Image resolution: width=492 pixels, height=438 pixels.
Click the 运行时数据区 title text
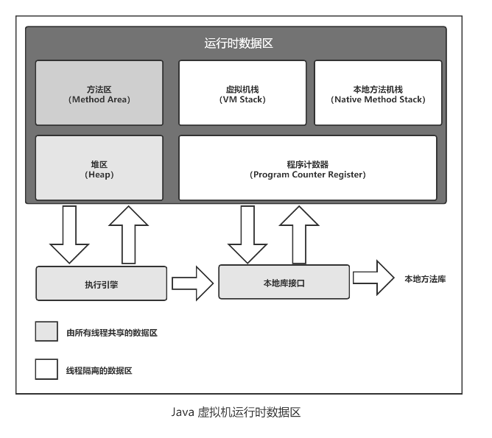pyautogui.click(x=239, y=43)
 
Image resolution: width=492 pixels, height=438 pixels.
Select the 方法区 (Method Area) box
pyautogui.click(x=99, y=93)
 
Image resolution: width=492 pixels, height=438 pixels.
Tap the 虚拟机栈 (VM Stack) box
pyautogui.click(x=242, y=93)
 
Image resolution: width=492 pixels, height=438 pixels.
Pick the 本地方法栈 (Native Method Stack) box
pyautogui.click(x=378, y=93)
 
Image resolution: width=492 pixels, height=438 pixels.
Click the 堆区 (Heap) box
pyautogui.click(x=99, y=168)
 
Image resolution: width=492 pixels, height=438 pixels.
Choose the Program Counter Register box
pyautogui.click(x=307, y=168)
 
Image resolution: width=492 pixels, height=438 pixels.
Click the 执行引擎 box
pyautogui.click(x=101, y=283)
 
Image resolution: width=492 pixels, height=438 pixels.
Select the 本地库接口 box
pyautogui.click(x=284, y=282)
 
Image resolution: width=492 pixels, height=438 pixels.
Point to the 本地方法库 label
pyautogui.click(x=425, y=279)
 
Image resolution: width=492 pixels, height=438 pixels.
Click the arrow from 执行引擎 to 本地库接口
pyautogui.click(x=192, y=283)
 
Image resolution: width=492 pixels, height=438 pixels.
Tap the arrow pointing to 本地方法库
pyautogui.click(x=373, y=278)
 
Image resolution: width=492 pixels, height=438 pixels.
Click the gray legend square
pyautogui.click(x=46, y=331)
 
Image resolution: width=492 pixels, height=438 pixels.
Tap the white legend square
pyautogui.click(x=46, y=369)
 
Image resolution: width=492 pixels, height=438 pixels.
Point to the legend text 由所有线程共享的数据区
pyautogui.click(x=112, y=333)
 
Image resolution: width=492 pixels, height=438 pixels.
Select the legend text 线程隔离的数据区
pyautogui.click(x=99, y=370)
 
